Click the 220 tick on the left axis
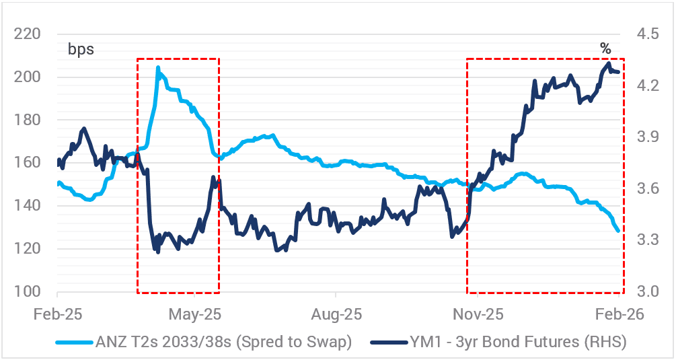tap(29, 34)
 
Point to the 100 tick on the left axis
tap(29, 292)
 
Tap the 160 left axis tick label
tap(29, 163)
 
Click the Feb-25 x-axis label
tap(57, 314)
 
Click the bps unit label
tap(80, 49)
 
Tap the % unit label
tap(605, 48)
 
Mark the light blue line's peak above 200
tap(158, 67)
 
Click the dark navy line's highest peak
tap(609, 63)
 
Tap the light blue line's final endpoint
tap(618, 231)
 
